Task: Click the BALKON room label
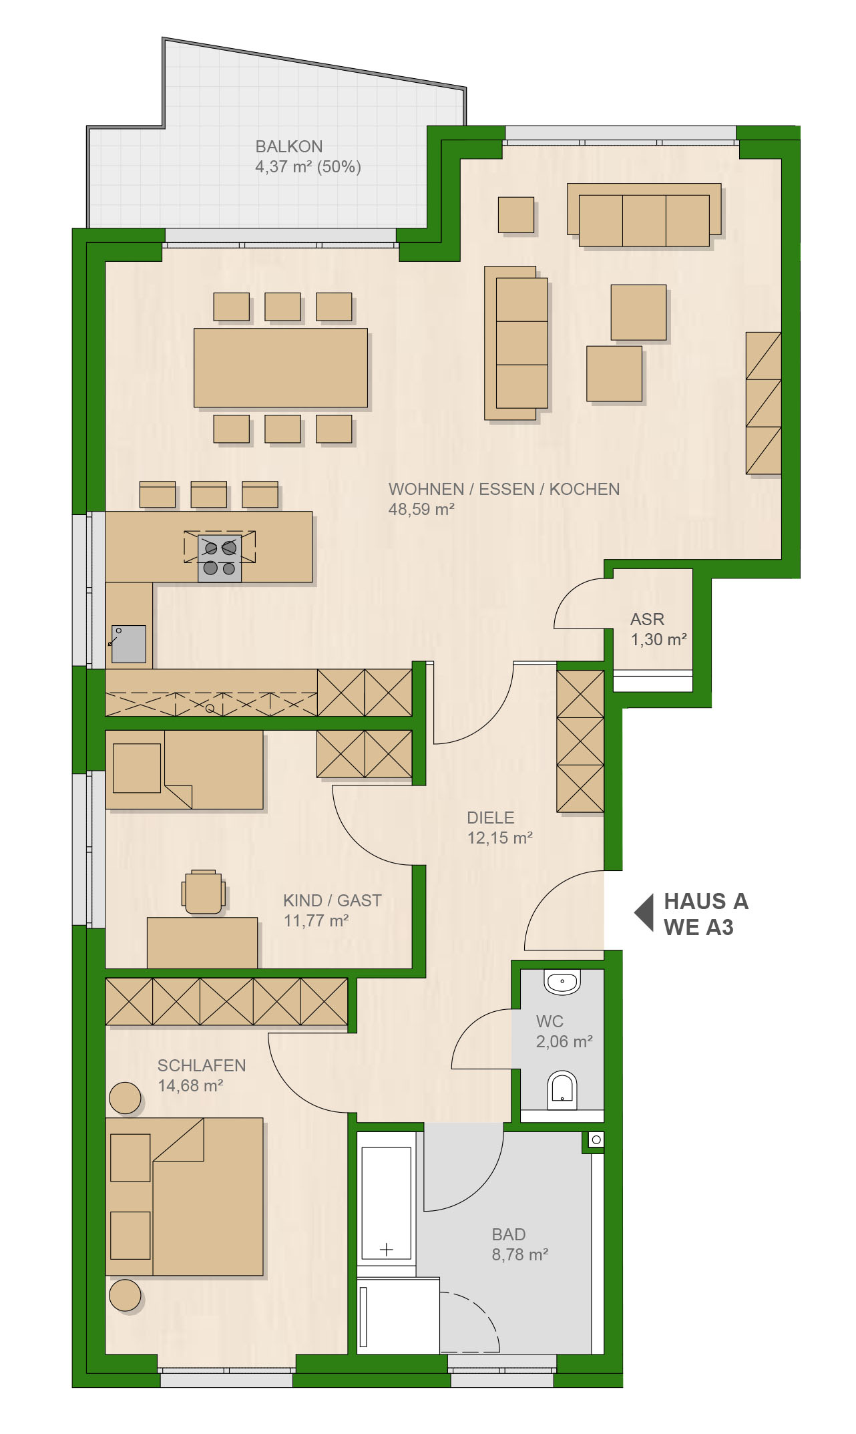(289, 146)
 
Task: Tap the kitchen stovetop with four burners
(220, 558)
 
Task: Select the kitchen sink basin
(129, 644)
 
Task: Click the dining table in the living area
(280, 367)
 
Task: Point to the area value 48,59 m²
(421, 509)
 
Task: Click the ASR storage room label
(647, 619)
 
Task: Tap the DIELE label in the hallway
(491, 818)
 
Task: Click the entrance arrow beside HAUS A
(644, 913)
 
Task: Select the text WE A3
(698, 928)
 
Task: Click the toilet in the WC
(562, 1091)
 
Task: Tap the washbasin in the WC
(562, 982)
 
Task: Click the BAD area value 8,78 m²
(520, 1254)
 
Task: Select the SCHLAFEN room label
(202, 1065)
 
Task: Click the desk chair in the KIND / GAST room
(204, 892)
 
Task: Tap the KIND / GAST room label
(333, 900)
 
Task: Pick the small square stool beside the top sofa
(516, 214)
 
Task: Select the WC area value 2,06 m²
(564, 1041)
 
